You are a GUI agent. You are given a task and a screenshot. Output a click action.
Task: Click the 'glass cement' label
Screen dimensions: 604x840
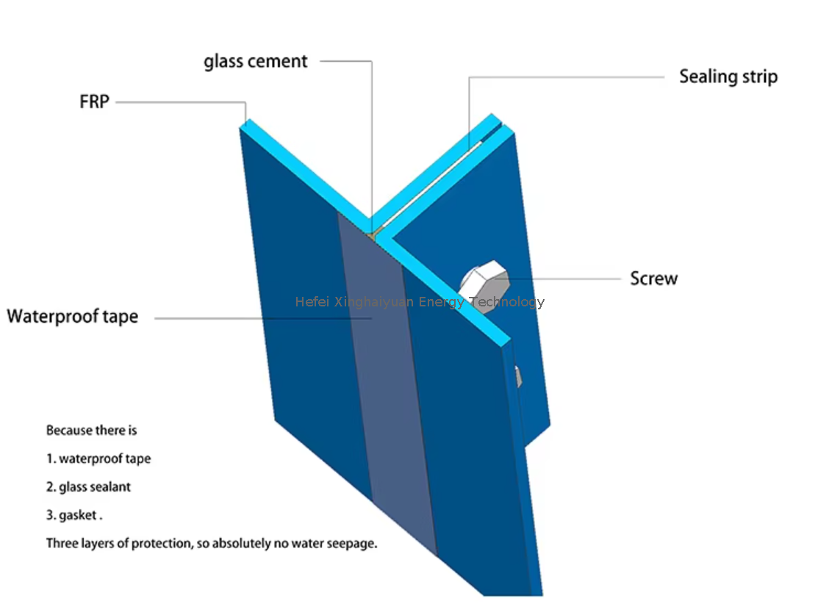255,62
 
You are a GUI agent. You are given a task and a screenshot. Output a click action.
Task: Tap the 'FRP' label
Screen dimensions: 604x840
94,101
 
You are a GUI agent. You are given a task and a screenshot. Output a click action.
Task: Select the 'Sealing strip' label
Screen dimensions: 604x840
728,76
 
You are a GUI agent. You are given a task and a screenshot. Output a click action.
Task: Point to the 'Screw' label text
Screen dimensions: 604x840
653,278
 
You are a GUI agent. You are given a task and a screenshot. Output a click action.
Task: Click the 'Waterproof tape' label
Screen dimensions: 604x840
73,317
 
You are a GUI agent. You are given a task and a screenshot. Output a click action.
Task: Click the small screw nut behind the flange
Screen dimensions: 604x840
519,376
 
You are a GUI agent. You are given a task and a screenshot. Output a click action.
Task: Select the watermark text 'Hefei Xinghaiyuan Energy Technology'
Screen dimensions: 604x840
420,302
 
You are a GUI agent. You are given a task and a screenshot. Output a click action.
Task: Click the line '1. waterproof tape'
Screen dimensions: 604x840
98,459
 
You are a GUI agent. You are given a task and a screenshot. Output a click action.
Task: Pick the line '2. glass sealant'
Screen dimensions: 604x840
88,486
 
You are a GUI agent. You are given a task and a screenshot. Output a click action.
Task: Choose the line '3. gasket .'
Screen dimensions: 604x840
73,515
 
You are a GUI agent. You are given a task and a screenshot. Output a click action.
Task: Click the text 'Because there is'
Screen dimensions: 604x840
91,430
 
